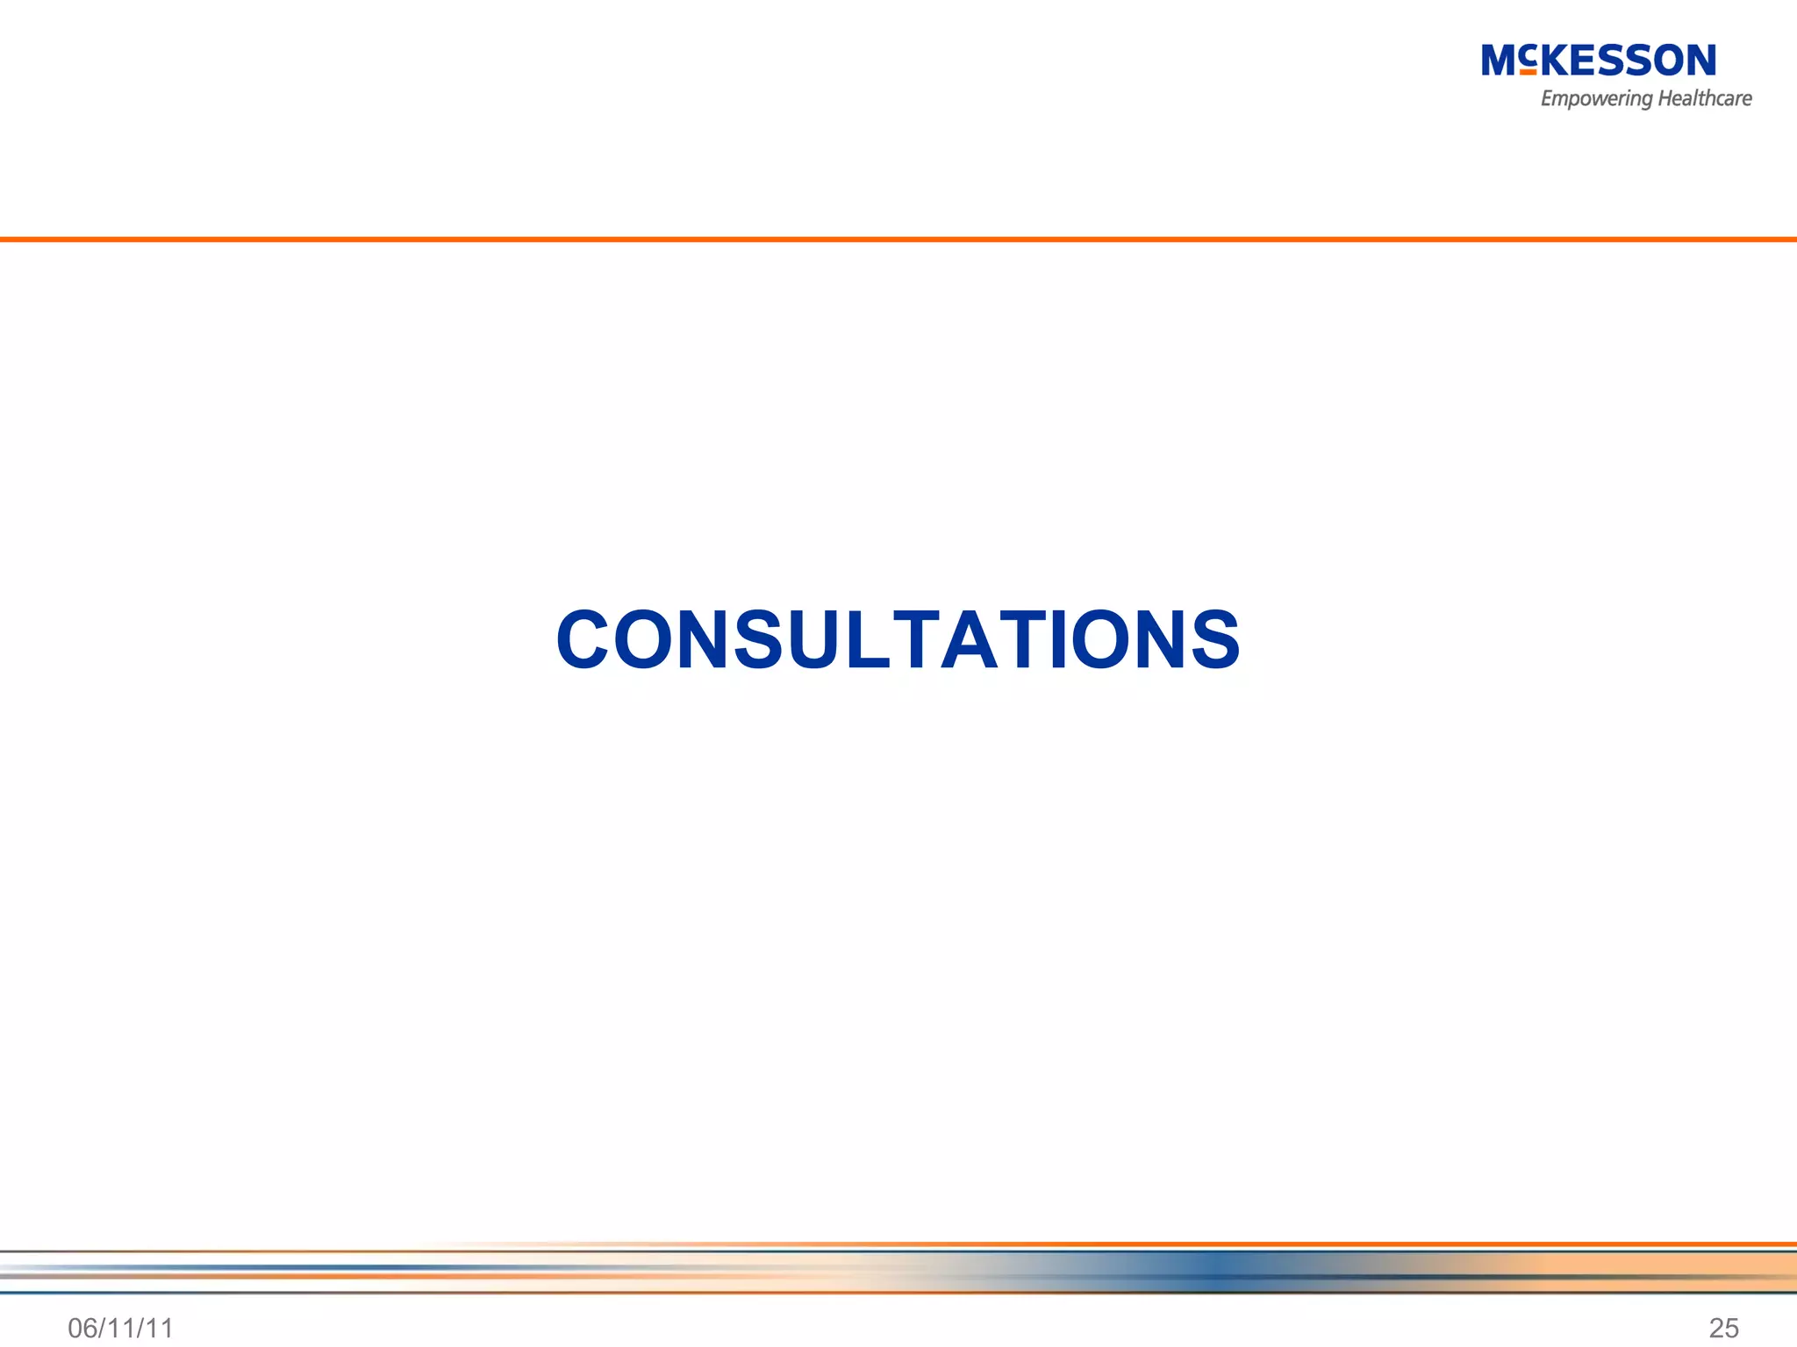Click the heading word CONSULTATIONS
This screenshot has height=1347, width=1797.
(898, 639)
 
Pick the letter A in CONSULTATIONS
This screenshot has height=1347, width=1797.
(973, 639)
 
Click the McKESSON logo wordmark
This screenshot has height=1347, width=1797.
(1598, 61)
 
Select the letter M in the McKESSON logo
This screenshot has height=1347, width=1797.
(1499, 61)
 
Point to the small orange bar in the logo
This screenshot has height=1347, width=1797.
(1528, 72)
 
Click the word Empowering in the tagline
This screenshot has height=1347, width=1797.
(1596, 99)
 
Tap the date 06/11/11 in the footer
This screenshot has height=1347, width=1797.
(121, 1328)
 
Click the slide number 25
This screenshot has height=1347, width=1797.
(1723, 1328)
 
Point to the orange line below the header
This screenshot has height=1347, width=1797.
(898, 239)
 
